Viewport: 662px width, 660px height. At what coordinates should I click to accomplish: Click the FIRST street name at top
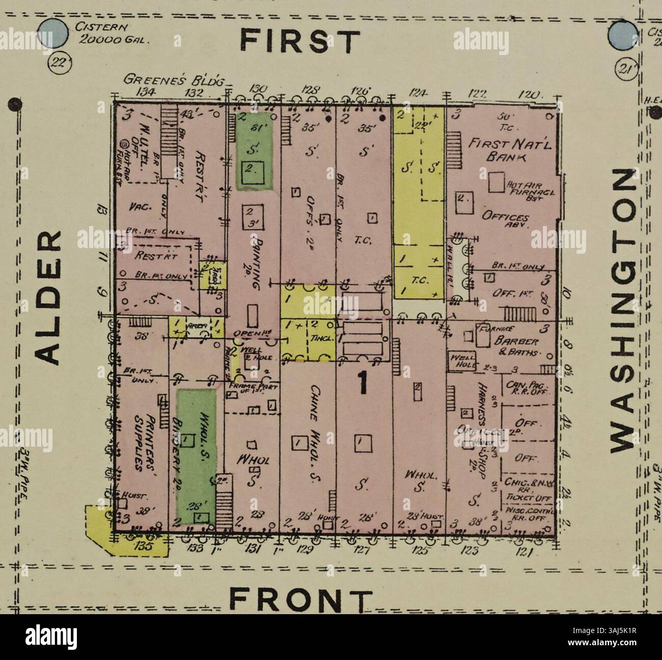(x=300, y=41)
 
